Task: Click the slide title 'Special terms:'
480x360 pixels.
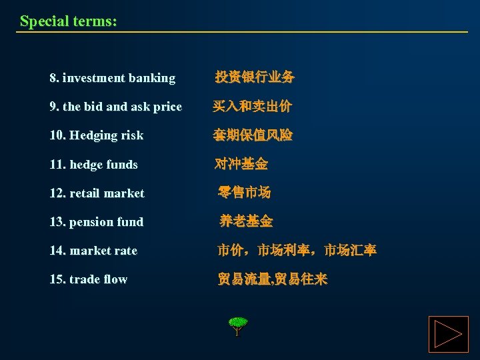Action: coord(68,21)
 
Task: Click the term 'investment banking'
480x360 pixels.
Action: coord(119,78)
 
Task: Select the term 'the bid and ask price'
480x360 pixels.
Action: coord(122,107)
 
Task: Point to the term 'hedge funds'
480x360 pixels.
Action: coord(102,164)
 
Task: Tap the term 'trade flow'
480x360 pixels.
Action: coord(97,279)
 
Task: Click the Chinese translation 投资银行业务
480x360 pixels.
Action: coord(254,77)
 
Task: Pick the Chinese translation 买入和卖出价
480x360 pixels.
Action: coord(252,107)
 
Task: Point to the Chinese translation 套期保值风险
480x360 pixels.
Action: coord(252,135)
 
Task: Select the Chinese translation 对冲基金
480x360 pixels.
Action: coord(241,164)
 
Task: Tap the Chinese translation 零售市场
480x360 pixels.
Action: coord(244,193)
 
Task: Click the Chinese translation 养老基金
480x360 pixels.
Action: coord(246,221)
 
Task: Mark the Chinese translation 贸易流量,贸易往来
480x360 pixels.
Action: coord(272,279)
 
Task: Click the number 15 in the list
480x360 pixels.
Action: coord(56,279)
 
